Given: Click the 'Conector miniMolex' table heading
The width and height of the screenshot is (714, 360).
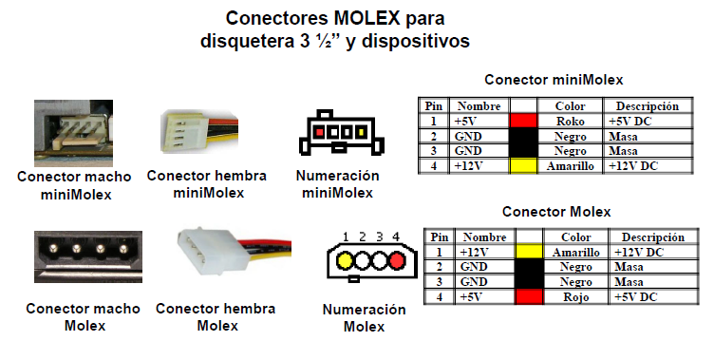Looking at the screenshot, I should click(x=554, y=81).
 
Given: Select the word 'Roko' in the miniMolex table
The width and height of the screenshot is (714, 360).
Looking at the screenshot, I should click(x=572, y=122).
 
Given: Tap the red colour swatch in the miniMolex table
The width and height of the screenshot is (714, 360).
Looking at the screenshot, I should click(x=523, y=122).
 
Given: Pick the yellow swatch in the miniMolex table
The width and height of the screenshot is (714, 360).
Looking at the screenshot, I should click(x=523, y=165).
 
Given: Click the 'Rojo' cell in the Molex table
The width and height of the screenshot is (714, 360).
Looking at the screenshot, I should click(x=575, y=296).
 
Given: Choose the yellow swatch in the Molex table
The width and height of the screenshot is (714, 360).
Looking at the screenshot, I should click(x=529, y=252).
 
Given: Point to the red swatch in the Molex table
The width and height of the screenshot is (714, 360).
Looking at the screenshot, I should click(x=529, y=296).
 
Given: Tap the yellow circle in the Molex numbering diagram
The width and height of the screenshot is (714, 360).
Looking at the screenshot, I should click(x=345, y=259).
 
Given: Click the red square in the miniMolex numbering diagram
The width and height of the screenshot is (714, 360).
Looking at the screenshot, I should click(x=322, y=128).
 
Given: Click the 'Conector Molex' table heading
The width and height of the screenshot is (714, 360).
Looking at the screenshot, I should click(x=555, y=212).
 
